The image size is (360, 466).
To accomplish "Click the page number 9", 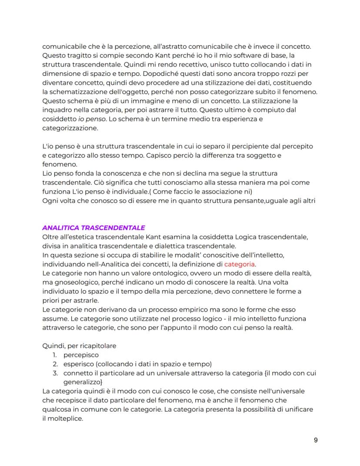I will point(316,440).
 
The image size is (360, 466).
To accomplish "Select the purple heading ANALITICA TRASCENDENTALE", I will point(93,228).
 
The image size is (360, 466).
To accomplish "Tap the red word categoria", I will point(240,264).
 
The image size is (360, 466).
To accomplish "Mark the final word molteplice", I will point(66,418).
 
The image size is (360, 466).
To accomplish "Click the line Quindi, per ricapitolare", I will point(80,346).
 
